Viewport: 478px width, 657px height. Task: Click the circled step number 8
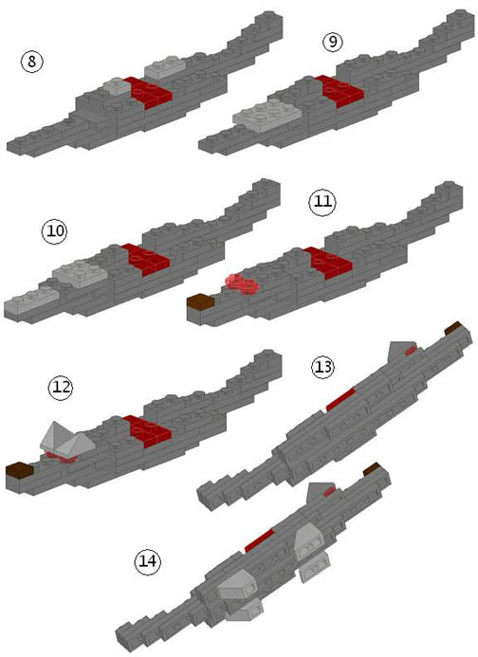tap(32, 62)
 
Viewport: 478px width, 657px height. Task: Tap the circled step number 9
tap(333, 42)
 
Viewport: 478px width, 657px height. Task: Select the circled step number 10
tap(54, 231)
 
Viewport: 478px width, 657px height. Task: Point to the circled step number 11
tap(322, 202)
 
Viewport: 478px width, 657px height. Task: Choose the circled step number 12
tap(61, 387)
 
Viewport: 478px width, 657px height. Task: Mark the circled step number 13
tap(322, 367)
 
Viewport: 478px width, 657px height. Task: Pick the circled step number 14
tap(148, 560)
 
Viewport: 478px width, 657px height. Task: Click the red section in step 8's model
tap(148, 92)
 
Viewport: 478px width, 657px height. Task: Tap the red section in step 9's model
tap(340, 91)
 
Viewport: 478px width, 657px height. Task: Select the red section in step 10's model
tap(146, 260)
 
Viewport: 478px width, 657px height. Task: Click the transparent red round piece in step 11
tap(242, 283)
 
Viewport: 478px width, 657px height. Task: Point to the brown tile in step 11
tap(200, 301)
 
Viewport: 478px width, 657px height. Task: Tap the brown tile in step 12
tap(20, 470)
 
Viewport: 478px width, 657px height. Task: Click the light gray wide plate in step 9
tap(267, 112)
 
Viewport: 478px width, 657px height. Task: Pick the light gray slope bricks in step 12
tap(67, 441)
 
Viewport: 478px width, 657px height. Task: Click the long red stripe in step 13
tap(340, 399)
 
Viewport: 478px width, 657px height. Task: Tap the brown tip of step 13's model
tap(452, 328)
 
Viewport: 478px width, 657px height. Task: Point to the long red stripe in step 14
tap(259, 540)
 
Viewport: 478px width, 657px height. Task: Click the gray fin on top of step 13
tap(398, 351)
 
